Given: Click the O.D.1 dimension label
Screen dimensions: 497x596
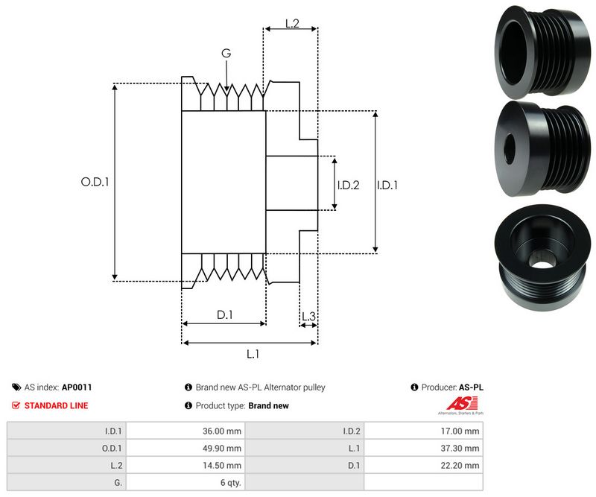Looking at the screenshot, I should click(95, 181).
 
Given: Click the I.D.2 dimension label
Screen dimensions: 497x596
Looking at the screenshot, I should click(348, 185).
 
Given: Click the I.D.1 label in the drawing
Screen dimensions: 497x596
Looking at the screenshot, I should click(387, 185).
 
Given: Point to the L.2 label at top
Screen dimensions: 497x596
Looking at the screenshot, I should click(291, 24).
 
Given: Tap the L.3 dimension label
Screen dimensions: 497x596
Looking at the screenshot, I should click(308, 317).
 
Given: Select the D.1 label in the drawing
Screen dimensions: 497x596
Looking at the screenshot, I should click(224, 315).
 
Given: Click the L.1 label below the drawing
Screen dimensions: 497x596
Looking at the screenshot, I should click(253, 354).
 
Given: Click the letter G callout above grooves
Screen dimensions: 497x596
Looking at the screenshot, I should click(226, 53).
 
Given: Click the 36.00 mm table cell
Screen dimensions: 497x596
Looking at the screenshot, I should click(223, 431).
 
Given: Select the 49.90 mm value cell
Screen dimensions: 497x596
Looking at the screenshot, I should click(223, 448).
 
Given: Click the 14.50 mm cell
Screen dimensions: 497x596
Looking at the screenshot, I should click(223, 465).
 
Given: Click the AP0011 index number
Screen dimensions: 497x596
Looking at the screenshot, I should click(77, 387).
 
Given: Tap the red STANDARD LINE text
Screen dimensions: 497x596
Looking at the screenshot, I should click(56, 405).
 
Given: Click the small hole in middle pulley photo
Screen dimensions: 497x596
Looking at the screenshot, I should click(511, 149).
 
